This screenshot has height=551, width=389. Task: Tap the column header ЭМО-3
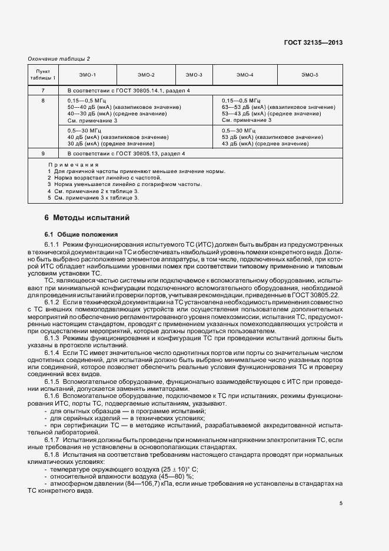point(194,75)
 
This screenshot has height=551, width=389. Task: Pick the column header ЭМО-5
point(310,75)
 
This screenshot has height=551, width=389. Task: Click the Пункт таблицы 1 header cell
point(42,75)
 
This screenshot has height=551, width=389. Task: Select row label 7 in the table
point(42,91)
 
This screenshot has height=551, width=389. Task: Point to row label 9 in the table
point(42,154)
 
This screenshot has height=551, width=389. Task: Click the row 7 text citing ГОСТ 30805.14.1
point(128,91)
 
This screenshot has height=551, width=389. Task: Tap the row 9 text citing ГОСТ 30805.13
point(126,154)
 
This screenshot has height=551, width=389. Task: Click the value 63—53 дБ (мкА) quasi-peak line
point(278,108)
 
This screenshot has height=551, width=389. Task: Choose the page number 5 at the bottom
point(341,503)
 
